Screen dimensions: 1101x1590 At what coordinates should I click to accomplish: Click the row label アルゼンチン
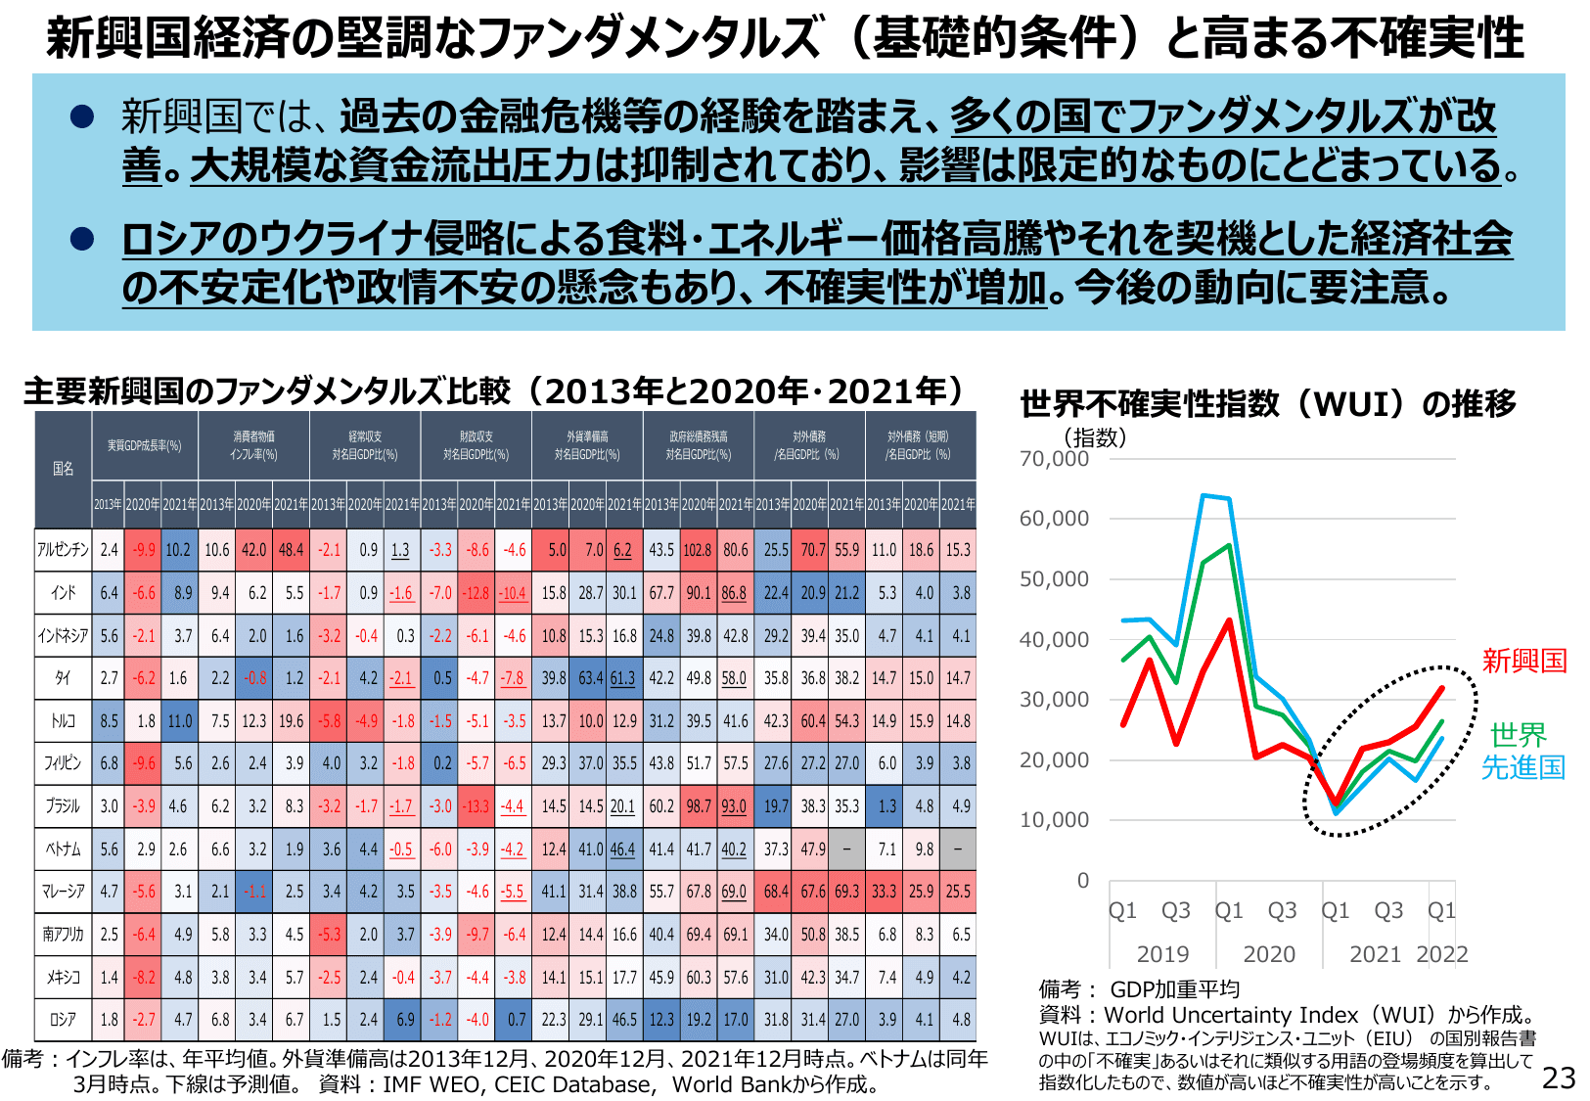pos(64,550)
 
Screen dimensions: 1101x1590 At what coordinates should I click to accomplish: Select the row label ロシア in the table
pos(64,1019)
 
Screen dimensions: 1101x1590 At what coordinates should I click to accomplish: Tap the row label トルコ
pos(64,721)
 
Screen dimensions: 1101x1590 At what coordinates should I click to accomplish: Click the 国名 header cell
pos(64,469)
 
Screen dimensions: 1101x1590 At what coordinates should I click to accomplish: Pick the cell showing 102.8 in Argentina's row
pos(698,550)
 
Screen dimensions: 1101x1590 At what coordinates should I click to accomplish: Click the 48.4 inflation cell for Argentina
pos(292,550)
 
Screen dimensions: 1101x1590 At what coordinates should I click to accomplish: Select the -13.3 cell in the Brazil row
pos(477,806)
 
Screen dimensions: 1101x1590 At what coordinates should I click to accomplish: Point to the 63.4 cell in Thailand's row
pos(589,678)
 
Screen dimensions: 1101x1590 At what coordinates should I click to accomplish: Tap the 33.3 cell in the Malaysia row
pos(884,892)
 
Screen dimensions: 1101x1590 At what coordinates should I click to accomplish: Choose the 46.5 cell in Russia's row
pos(625,1019)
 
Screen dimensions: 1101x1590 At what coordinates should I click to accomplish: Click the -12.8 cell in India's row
pos(477,593)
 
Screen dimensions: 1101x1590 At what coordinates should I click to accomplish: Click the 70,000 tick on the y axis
pos(1054,458)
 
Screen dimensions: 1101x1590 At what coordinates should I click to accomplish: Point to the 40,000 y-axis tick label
pos(1054,639)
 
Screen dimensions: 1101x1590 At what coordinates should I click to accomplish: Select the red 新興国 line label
pos(1523,661)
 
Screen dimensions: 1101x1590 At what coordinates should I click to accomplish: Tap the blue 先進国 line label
pos(1522,767)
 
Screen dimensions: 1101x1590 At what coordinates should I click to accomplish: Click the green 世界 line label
pos(1518,734)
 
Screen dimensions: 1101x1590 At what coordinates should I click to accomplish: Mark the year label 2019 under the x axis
pos(1162,954)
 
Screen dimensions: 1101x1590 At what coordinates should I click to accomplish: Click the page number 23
pos(1559,1078)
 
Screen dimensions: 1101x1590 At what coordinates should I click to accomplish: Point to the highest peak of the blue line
pos(1204,495)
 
